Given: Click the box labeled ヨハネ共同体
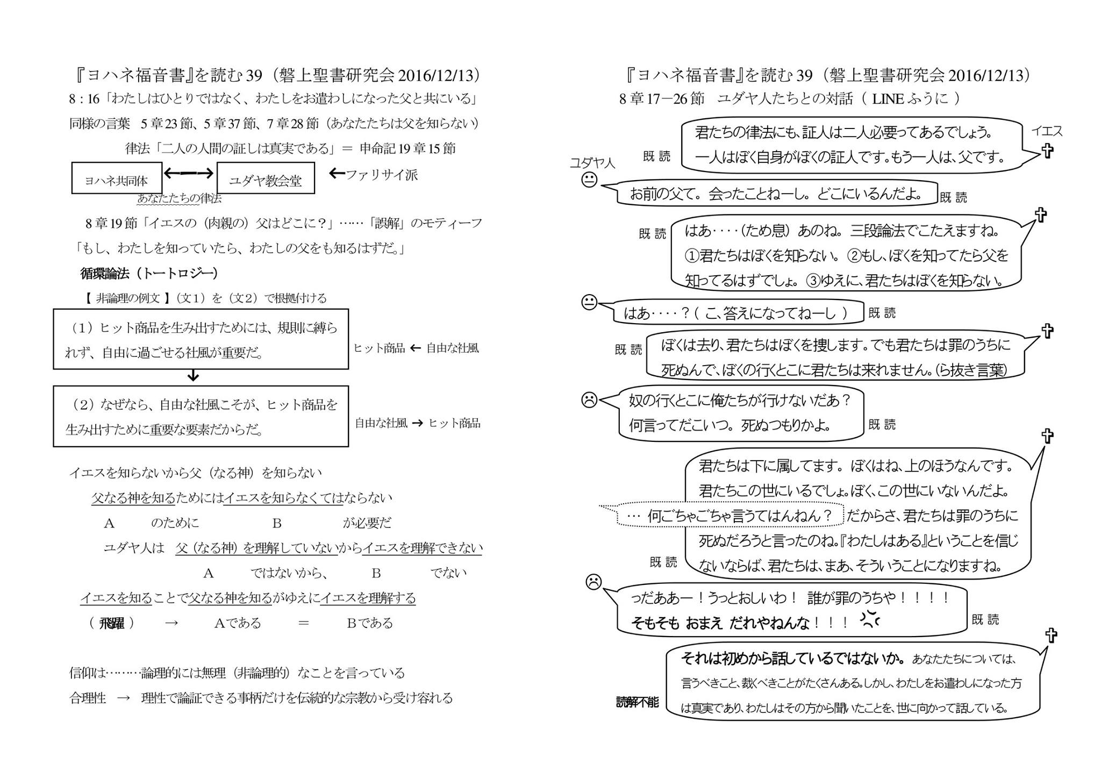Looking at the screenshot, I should tap(117, 178).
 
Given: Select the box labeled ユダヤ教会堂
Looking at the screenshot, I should tap(266, 178).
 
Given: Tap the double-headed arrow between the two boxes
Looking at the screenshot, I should tap(189, 173).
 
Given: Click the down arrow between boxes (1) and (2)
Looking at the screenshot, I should tap(194, 376).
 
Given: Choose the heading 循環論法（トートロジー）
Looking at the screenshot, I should tap(149, 273).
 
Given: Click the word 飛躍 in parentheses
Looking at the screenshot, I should tap(112, 623).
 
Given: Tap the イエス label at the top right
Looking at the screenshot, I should tap(1046, 131).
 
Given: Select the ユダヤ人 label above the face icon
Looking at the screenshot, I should tap(592, 162).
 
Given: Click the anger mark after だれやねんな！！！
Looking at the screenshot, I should tap(869, 619).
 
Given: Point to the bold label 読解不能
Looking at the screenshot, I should tap(637, 702).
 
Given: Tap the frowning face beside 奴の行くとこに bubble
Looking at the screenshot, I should tap(589, 399).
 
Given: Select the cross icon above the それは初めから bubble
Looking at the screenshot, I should tap(1051, 635).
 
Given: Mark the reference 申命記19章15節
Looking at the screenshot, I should tap(407, 148).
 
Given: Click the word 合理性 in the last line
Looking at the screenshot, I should tap(88, 698).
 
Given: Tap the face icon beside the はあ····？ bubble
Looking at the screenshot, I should tap(589, 303).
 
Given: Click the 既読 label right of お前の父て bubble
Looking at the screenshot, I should tap(953, 197).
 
